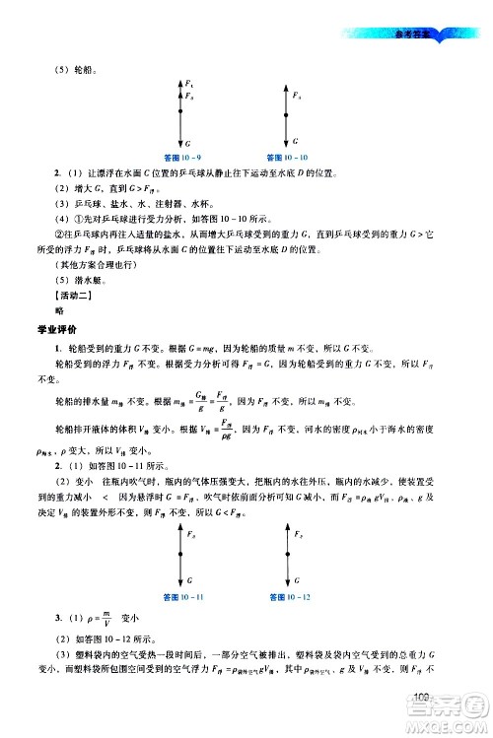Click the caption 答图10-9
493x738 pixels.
click(x=182, y=156)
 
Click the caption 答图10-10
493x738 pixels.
click(x=287, y=156)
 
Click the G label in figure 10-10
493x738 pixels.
click(x=295, y=141)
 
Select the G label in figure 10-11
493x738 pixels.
click(x=187, y=582)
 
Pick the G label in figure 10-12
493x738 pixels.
click(x=295, y=582)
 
